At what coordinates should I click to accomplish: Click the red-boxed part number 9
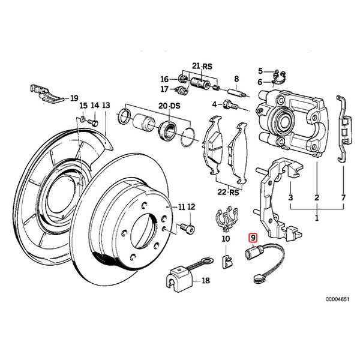(254, 239)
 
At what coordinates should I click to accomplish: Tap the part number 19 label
(74, 97)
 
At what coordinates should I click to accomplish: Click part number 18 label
(206, 280)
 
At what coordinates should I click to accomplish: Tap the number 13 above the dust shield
(106, 105)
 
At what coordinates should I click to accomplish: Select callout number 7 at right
(343, 197)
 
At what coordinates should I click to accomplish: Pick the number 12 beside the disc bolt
(191, 207)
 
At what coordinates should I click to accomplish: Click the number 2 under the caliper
(316, 197)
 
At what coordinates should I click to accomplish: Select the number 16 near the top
(164, 79)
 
